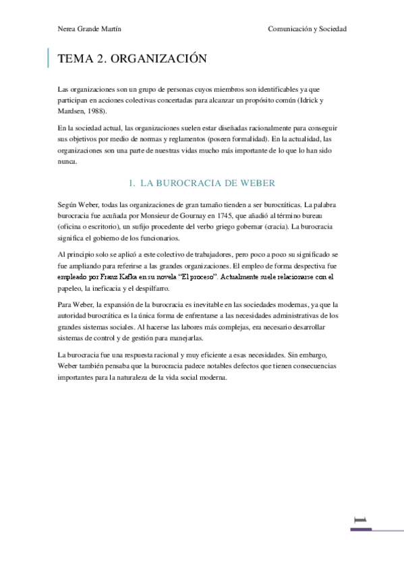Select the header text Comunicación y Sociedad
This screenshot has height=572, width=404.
307,29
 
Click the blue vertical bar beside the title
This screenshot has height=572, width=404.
48,59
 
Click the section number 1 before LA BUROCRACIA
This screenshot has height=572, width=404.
130,183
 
